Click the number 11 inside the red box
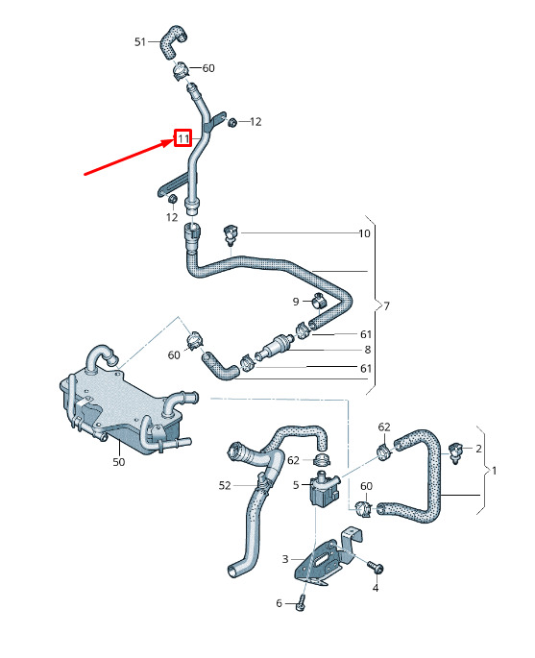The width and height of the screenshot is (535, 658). click(x=183, y=138)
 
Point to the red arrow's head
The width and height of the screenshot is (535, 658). click(x=169, y=142)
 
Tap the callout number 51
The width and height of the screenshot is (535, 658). click(x=140, y=42)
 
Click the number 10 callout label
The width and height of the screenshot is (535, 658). click(x=364, y=233)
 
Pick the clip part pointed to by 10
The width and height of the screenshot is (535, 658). click(x=230, y=233)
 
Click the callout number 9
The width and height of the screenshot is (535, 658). click(x=296, y=302)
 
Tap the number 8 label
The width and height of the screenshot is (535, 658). click(x=368, y=350)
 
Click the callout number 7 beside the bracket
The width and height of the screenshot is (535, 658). click(x=386, y=305)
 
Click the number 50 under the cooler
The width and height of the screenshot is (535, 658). click(x=119, y=462)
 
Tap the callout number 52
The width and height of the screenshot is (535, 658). click(x=225, y=485)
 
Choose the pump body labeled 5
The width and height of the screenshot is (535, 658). click(x=325, y=489)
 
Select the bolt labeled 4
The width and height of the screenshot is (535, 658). click(x=376, y=568)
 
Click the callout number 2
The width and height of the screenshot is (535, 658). click(x=478, y=449)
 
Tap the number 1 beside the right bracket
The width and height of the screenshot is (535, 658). click(x=495, y=471)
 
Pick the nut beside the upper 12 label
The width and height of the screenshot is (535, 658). click(x=231, y=122)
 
